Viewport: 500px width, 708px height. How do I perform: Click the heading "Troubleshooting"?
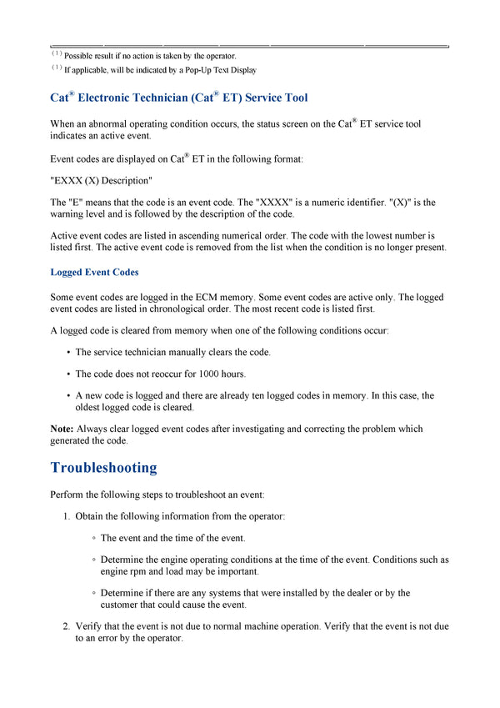pos(103,468)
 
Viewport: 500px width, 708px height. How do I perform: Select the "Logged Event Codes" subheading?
pos(94,273)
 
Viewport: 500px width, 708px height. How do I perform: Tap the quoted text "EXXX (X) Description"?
pos(102,181)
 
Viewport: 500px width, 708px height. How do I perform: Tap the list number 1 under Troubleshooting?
pos(66,516)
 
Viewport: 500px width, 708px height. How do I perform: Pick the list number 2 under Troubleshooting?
pos(66,625)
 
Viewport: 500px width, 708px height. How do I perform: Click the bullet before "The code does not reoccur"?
pos(67,374)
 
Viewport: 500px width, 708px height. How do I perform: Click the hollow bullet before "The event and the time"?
pos(93,539)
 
